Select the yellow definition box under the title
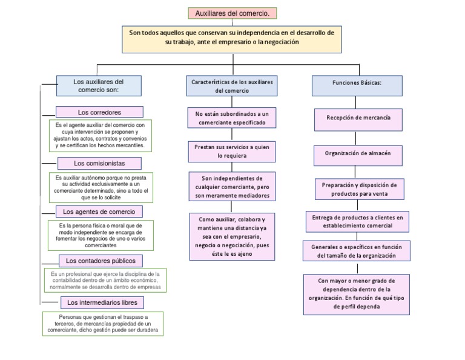232,37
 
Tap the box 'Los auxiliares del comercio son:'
99,85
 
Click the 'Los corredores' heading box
99,112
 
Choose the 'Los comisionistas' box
99,163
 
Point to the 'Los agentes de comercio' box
99,212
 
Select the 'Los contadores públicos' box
101,261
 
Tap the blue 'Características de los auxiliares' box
232,85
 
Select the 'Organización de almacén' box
358,154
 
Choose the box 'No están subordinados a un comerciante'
232,118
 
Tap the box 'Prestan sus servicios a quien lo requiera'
232,151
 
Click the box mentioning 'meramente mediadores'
232,187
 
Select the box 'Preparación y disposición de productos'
359,189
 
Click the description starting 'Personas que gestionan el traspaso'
103,324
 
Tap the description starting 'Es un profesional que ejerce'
104,280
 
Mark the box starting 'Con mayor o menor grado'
357,294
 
